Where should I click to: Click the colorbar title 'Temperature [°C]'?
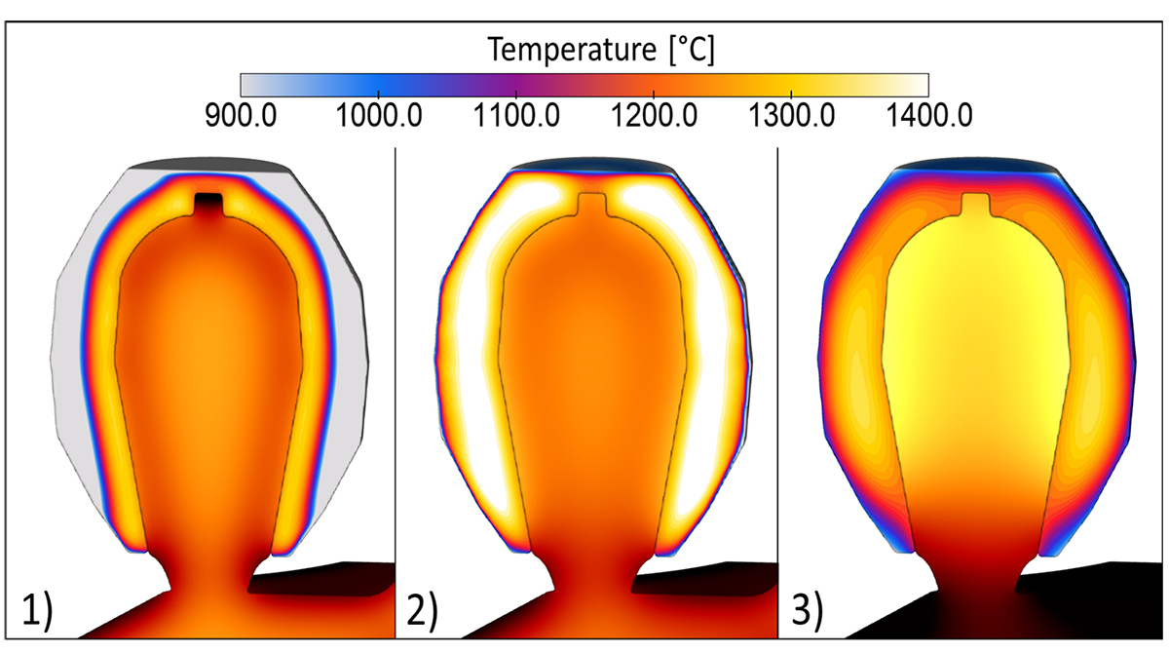(602, 49)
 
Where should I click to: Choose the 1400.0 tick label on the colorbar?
(927, 116)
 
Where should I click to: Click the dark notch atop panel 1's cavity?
(209, 205)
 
